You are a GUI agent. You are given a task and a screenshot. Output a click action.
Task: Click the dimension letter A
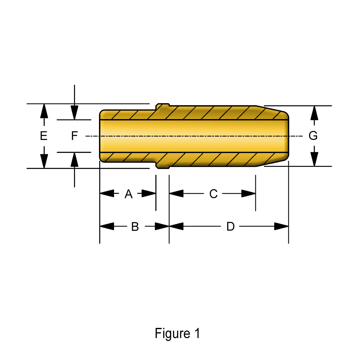click(129, 194)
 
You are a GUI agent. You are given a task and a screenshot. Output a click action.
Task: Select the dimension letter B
click(135, 227)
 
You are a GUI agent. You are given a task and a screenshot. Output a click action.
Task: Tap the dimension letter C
click(213, 194)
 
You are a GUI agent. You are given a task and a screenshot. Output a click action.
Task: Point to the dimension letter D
click(230, 226)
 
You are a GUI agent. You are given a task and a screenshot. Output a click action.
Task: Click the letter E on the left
click(44, 136)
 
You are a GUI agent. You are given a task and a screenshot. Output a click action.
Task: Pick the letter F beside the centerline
click(74, 136)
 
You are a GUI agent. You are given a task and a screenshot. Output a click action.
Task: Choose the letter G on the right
click(313, 136)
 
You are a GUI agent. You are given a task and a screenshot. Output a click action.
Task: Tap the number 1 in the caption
click(197, 333)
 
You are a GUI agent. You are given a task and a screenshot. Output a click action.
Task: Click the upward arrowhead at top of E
click(44, 111)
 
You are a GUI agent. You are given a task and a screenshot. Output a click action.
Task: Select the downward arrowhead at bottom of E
click(44, 161)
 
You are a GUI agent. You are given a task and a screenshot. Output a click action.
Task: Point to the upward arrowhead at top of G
click(314, 113)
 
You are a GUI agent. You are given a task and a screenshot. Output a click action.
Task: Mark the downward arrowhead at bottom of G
click(314, 159)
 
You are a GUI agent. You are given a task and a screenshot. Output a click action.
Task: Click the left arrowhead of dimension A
click(107, 193)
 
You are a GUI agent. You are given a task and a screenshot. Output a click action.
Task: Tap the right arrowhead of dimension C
click(248, 193)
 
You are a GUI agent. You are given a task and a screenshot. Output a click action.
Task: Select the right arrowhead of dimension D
click(281, 226)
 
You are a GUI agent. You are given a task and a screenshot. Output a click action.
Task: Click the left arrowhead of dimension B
click(107, 226)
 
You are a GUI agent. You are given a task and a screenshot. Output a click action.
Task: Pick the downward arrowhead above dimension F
click(74, 112)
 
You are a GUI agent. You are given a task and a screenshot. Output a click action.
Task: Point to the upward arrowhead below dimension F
click(74, 160)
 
